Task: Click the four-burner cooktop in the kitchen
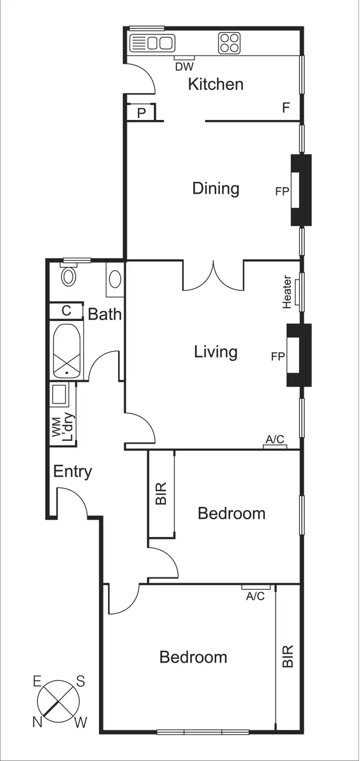point(229,43)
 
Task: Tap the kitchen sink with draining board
point(152,43)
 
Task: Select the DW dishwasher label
point(184,67)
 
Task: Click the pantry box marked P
point(141,113)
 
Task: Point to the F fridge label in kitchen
point(286,108)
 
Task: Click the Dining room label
point(216,188)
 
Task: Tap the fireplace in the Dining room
point(301,190)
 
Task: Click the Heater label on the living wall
point(287,292)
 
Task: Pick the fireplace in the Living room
point(299,355)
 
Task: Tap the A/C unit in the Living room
point(275,446)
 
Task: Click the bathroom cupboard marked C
point(66,311)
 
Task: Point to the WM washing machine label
point(57,427)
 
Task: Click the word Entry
point(72,471)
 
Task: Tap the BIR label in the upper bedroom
point(161,493)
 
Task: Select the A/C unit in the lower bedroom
point(256,587)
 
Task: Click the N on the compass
point(37,721)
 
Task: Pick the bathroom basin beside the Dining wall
point(115,279)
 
